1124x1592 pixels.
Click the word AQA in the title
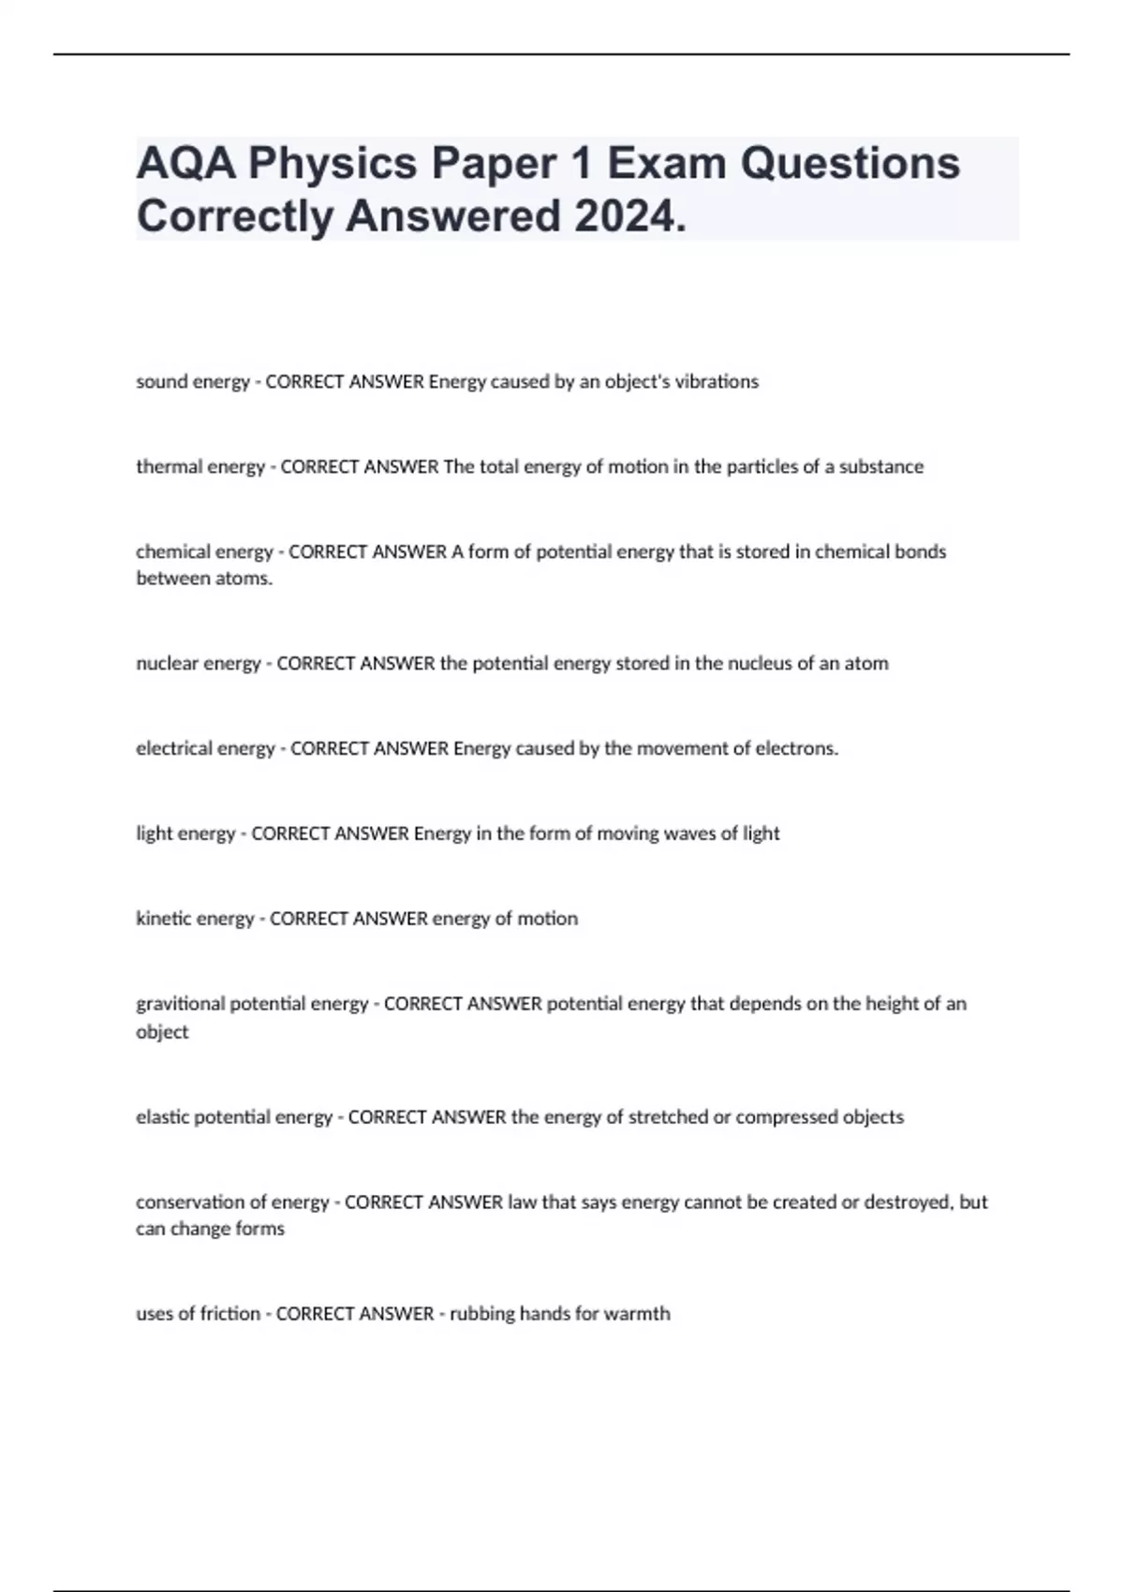(x=184, y=163)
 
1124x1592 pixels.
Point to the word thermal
(x=167, y=466)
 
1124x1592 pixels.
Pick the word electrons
(x=796, y=748)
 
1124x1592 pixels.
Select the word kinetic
(x=165, y=919)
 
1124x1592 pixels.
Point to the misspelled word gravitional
(x=180, y=1004)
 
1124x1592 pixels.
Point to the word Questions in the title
(x=850, y=163)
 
